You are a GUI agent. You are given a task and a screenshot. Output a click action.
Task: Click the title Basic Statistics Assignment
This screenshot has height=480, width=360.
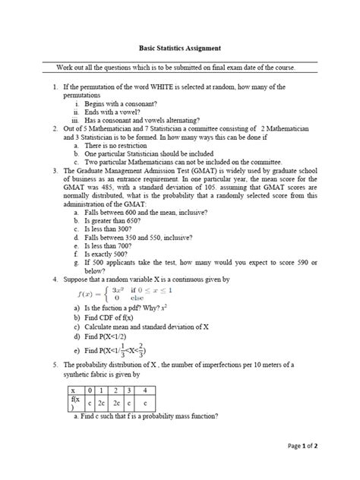tap(180, 47)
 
